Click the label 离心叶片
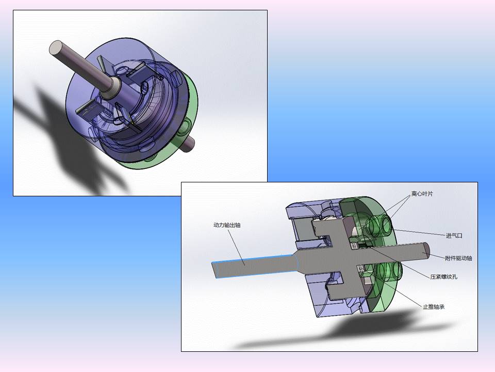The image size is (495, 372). coord(422,195)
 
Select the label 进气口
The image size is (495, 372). coord(454,236)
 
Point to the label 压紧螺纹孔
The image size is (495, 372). coord(443,277)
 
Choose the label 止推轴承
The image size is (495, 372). coord(434,307)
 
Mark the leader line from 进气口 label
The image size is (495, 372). coord(418,232)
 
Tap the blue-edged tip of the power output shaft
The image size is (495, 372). coord(216,269)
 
